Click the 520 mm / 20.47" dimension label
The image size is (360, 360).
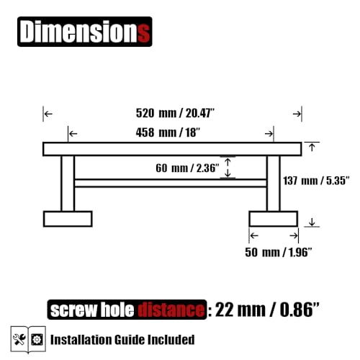(175, 113)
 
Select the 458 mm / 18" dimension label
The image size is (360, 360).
(168, 132)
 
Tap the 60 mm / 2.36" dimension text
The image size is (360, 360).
(187, 168)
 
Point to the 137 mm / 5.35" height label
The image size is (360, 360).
(316, 181)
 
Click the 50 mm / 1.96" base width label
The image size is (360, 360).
(279, 252)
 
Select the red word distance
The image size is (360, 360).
(171, 310)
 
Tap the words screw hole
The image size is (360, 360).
(92, 310)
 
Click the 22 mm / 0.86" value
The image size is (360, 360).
(267, 310)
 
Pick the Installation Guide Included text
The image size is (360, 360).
(122, 340)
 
